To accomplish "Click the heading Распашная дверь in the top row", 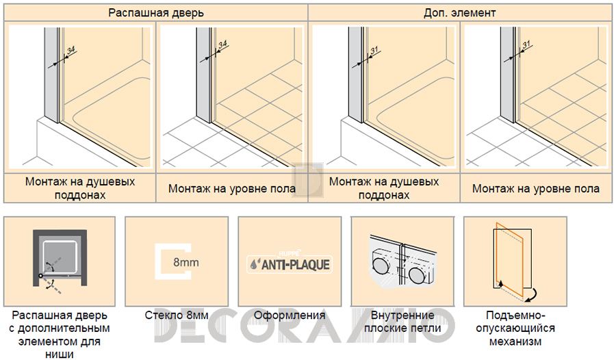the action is click(156, 13).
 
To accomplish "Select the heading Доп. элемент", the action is click(460, 13).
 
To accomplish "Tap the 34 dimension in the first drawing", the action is click(71, 51).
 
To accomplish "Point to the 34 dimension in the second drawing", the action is click(222, 44).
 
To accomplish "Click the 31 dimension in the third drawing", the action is click(374, 50).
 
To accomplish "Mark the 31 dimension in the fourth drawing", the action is click(526, 44).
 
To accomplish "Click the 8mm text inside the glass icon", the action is click(185, 262).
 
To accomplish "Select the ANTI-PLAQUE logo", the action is click(290, 263).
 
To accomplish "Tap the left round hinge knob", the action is click(380, 266).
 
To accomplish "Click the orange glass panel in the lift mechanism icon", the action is click(509, 259).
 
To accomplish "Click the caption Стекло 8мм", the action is click(177, 316).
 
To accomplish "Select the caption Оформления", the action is click(290, 316).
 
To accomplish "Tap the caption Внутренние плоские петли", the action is click(402, 322).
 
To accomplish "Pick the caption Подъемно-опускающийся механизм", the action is click(515, 328).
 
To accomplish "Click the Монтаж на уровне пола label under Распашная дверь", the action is click(232, 189).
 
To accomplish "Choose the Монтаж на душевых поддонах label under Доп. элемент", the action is click(384, 188).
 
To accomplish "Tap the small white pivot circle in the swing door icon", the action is click(40, 276).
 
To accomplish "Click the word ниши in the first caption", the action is click(60, 354).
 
